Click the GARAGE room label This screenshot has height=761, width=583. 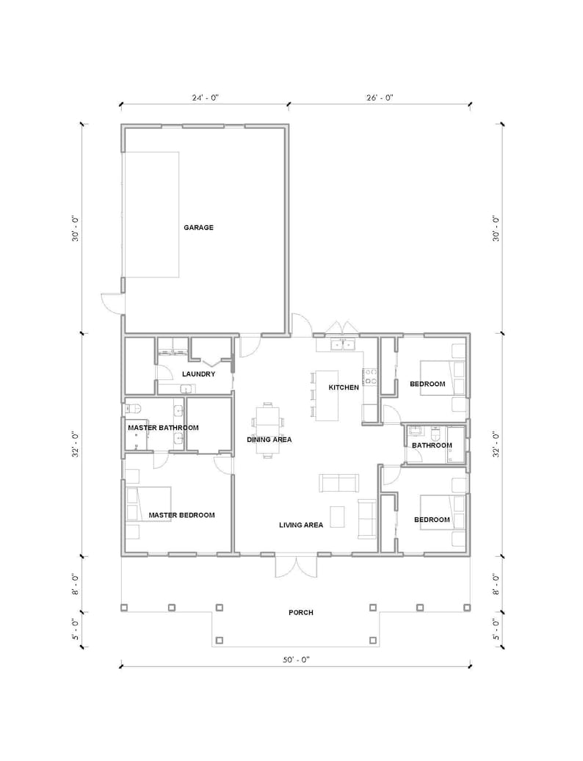(198, 227)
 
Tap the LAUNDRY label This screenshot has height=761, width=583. (198, 374)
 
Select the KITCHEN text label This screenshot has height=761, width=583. (343, 387)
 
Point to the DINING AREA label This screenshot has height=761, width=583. (269, 440)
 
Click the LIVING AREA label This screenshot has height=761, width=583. (301, 525)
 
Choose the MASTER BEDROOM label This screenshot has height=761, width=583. (181, 515)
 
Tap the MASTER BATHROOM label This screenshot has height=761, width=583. (163, 427)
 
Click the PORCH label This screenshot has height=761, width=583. (301, 612)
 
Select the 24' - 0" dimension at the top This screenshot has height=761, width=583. (205, 97)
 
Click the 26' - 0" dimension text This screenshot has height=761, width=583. (379, 97)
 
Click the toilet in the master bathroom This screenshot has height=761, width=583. (134, 409)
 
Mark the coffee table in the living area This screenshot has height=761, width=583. (337, 516)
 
